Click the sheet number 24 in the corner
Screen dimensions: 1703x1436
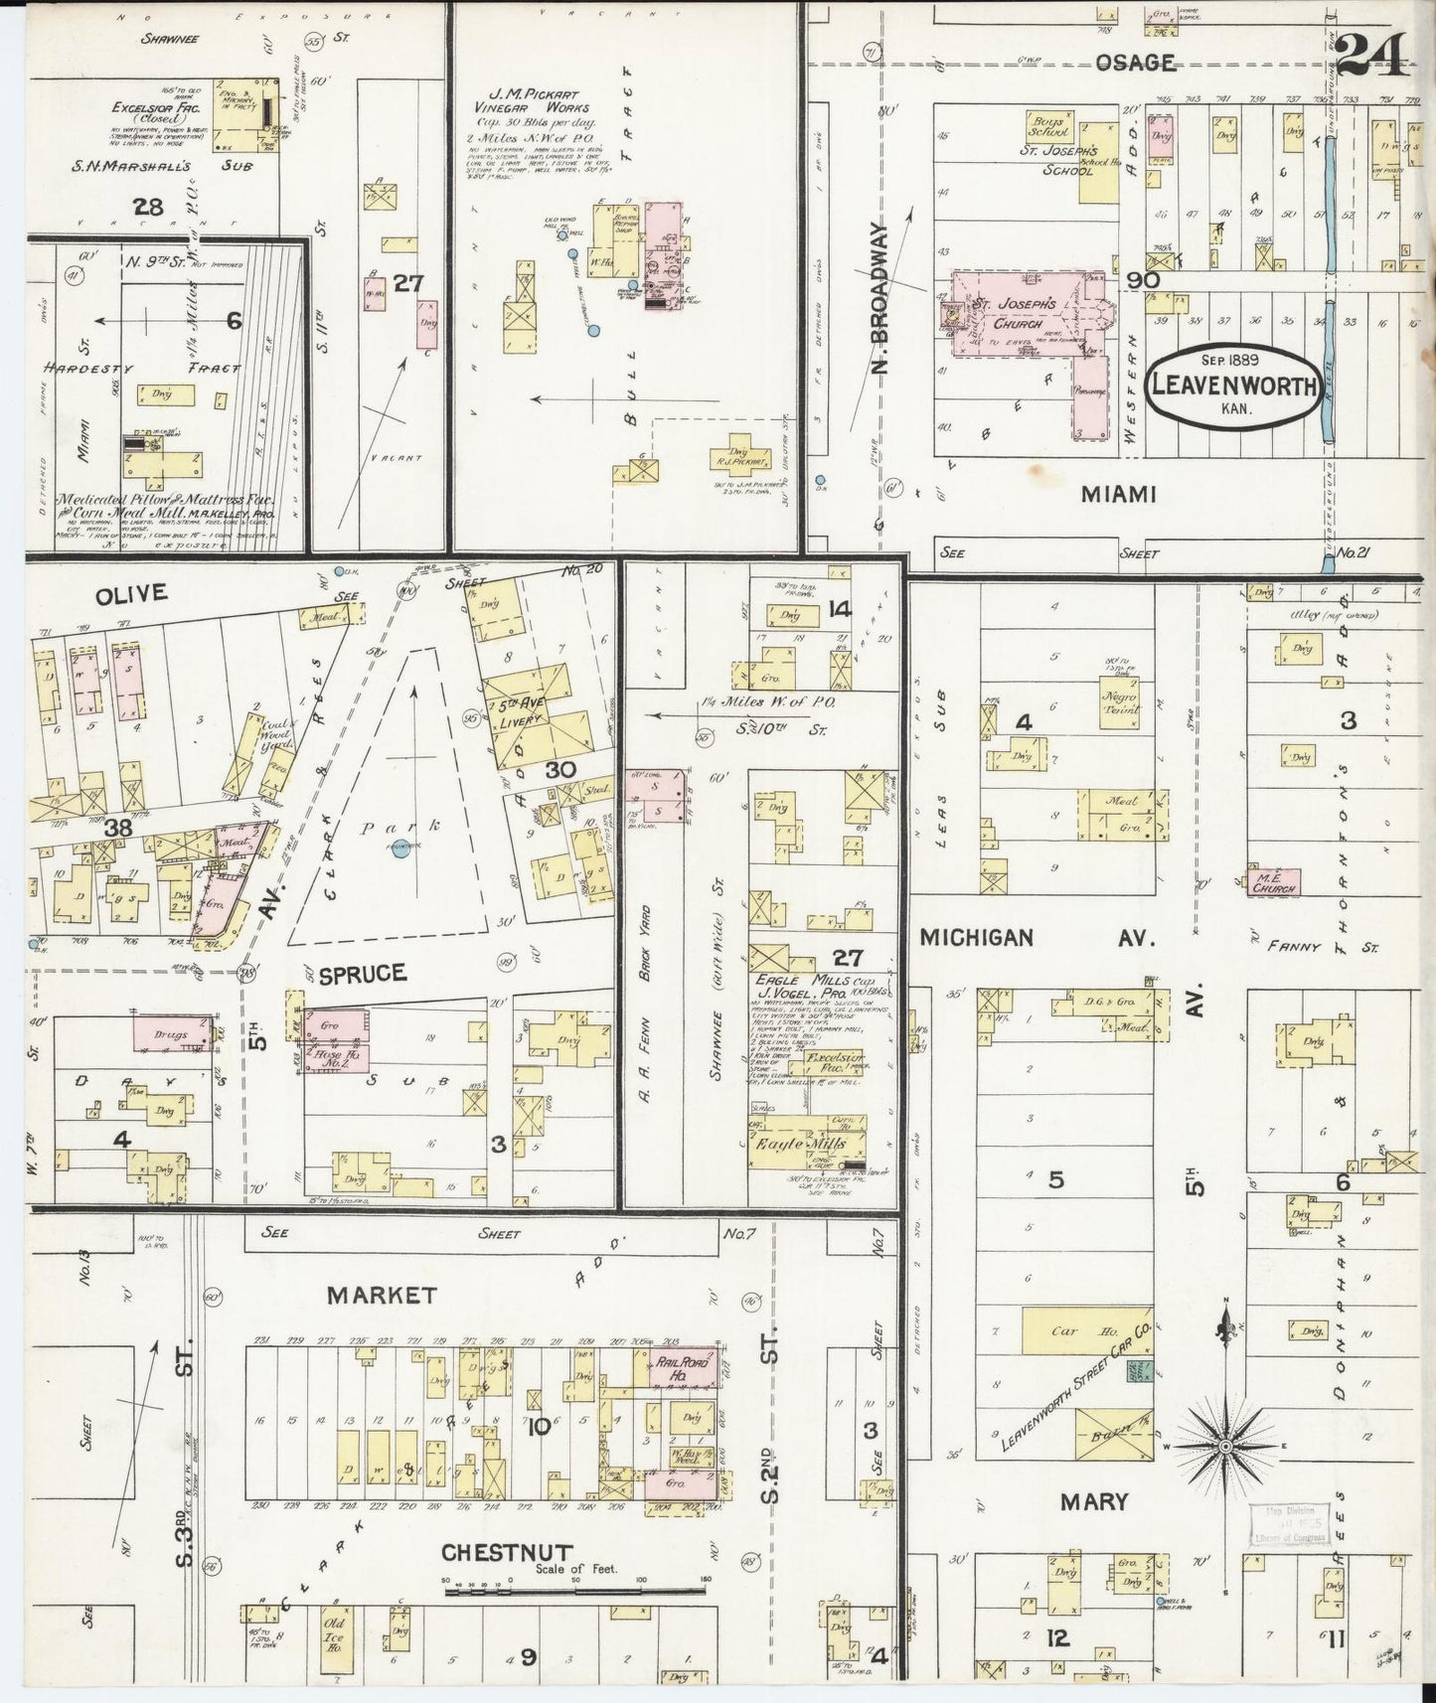click(x=1372, y=54)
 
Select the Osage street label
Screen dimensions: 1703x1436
click(x=1136, y=63)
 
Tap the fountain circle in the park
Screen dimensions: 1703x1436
click(x=400, y=852)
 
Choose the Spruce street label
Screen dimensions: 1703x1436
click(x=363, y=973)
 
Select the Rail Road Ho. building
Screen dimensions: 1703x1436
click(x=682, y=1368)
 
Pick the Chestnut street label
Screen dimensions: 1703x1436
click(x=507, y=1552)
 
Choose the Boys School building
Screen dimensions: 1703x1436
click(x=1048, y=126)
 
